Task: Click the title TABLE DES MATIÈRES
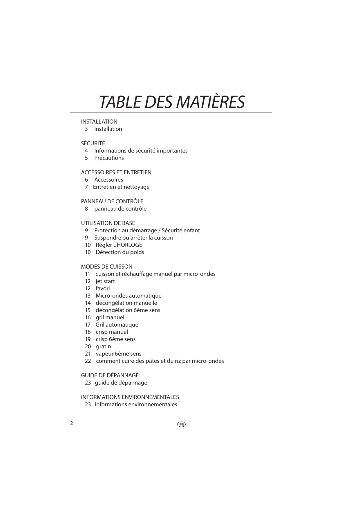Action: tap(172, 102)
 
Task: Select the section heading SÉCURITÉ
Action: tap(93, 143)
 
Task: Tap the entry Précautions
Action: tap(109, 158)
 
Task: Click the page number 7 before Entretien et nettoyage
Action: tap(86, 187)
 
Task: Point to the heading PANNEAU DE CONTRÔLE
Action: tap(112, 201)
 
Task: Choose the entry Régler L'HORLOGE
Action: tap(119, 245)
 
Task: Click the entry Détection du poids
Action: tap(120, 252)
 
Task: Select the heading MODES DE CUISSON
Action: tap(106, 267)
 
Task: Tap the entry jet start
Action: tap(105, 281)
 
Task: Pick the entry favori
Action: tap(103, 288)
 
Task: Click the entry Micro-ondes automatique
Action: tap(129, 296)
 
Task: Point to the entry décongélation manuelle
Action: tap(126, 303)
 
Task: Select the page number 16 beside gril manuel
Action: tap(88, 317)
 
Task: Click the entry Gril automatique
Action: tap(117, 325)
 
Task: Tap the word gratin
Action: tap(103, 346)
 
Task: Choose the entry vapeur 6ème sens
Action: tap(119, 354)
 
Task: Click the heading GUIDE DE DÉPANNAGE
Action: tap(110, 375)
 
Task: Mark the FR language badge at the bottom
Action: tap(181, 424)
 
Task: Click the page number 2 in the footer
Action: tap(72, 423)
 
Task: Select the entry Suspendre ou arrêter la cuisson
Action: tap(133, 238)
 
